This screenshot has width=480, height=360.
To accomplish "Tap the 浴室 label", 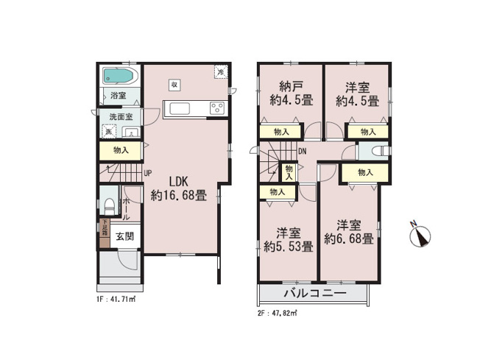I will pyautogui.click(x=118, y=96).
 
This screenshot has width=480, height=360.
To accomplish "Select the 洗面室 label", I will pyautogui.click(x=121, y=117).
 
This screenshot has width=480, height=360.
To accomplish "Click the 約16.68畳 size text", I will pyautogui.click(x=179, y=196).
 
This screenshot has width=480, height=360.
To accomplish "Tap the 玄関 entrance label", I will pyautogui.click(x=124, y=236).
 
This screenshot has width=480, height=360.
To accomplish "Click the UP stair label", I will pyautogui.click(x=148, y=174).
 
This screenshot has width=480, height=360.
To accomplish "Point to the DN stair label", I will pyautogui.click(x=303, y=152).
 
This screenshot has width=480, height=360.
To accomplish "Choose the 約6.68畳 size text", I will pyautogui.click(x=349, y=239).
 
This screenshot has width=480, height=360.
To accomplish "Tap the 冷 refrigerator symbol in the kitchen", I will pyautogui.click(x=220, y=72).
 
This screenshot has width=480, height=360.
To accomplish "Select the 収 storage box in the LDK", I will pyautogui.click(x=174, y=84).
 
